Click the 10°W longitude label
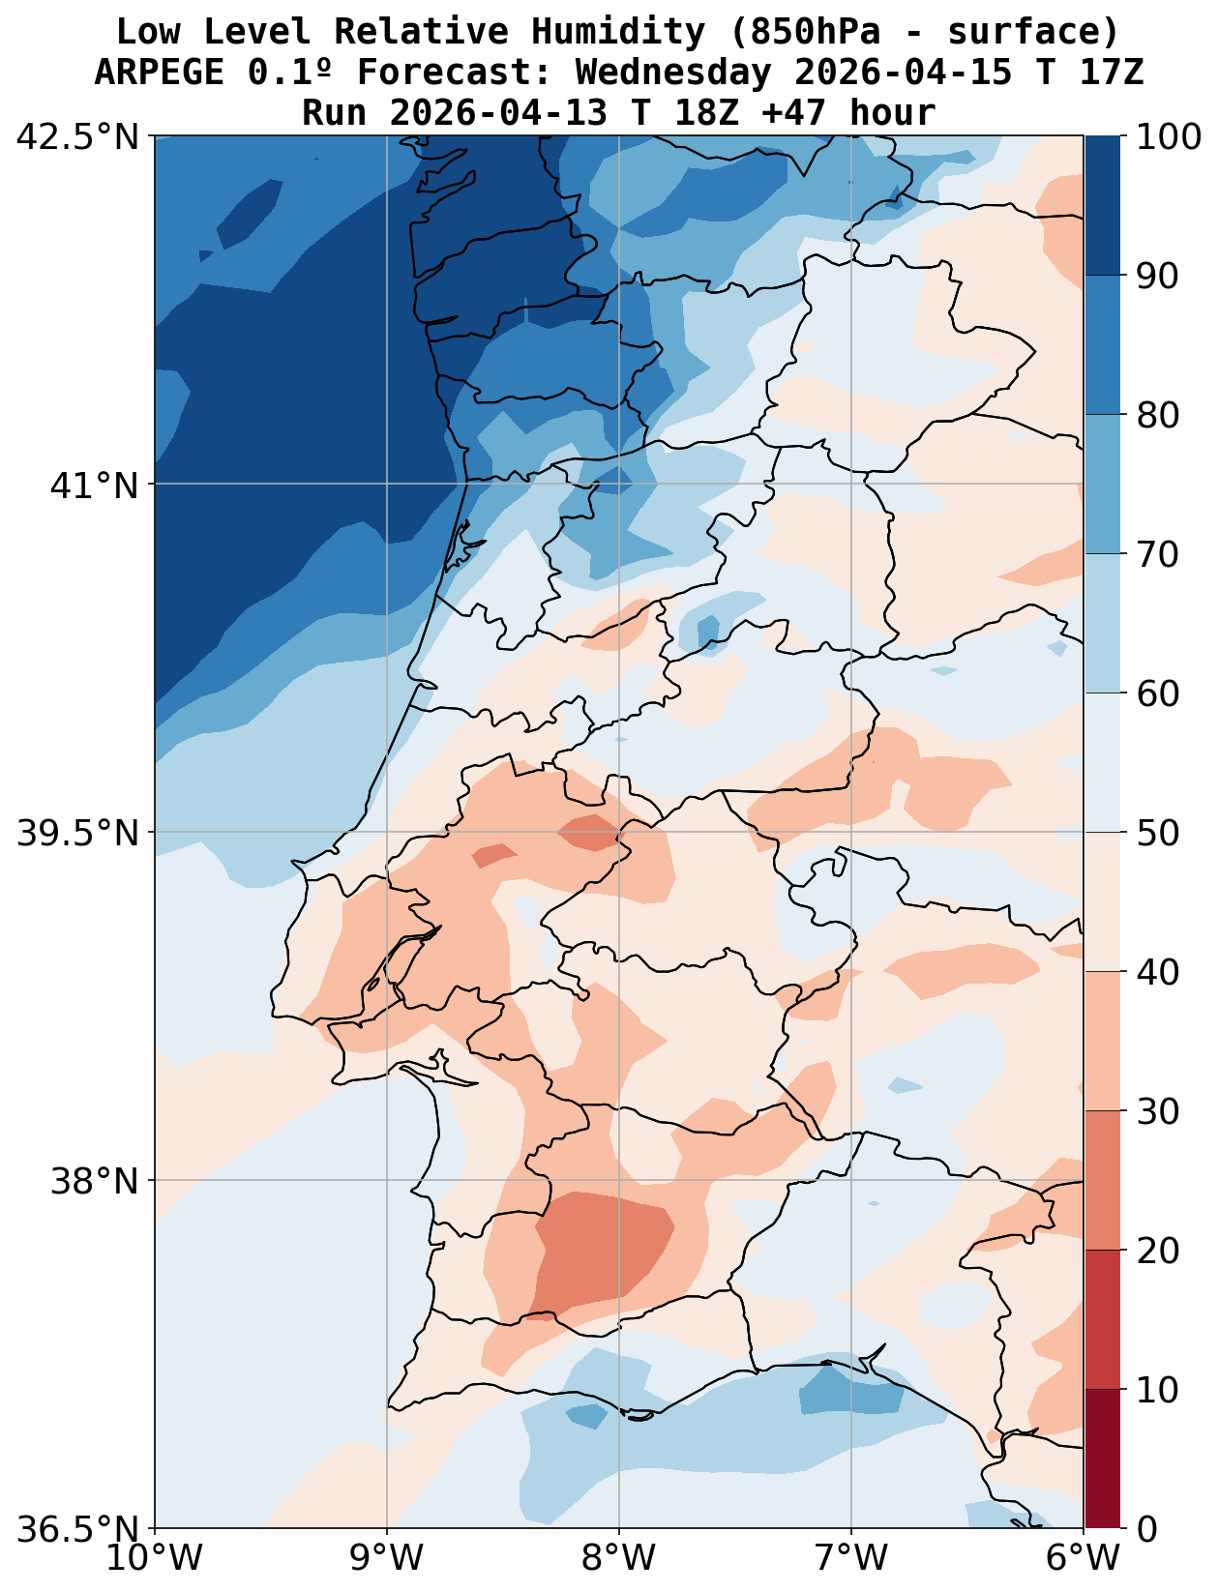(155, 1559)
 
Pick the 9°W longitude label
(387, 1559)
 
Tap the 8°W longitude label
(619, 1559)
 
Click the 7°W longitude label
(851, 1559)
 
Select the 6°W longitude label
(1084, 1559)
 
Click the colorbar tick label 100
(1170, 136)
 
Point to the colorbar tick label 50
(1158, 833)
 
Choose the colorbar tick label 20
(1158, 1251)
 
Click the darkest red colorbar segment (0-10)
(1102, 1459)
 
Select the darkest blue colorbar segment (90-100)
(1102, 205)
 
